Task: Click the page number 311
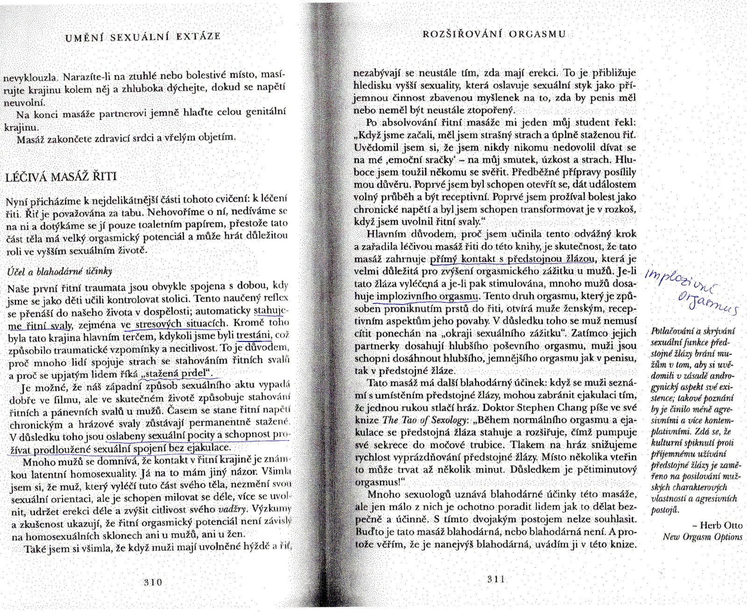click(496, 579)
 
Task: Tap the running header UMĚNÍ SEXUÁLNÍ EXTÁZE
click(143, 36)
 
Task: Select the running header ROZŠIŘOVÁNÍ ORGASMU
click(494, 34)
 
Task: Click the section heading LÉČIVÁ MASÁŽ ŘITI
click(61, 177)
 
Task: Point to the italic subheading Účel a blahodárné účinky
click(59, 271)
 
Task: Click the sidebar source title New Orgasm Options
click(702, 537)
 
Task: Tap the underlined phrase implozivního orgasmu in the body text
click(428, 296)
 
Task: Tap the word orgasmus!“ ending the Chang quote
click(379, 482)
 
